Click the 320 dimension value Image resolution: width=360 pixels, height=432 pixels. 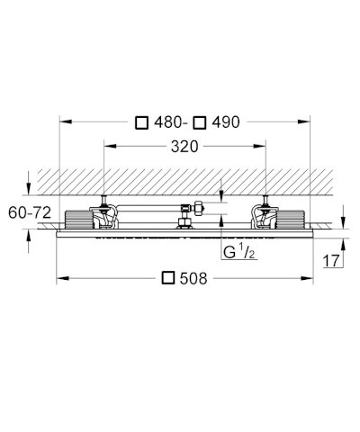click(x=184, y=147)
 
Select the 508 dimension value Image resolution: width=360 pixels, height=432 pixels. click(x=193, y=279)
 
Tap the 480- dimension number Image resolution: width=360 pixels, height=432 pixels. click(x=169, y=122)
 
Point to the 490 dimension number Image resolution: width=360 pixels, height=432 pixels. click(x=226, y=122)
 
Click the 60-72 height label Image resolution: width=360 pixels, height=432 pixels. click(x=30, y=213)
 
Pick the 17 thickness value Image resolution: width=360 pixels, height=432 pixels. click(x=331, y=260)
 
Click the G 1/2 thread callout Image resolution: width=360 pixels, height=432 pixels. click(x=239, y=252)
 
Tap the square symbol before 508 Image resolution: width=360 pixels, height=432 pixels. click(x=168, y=278)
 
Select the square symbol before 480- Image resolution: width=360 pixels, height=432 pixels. click(x=141, y=122)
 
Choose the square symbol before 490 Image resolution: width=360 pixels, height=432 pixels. click(x=200, y=122)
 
